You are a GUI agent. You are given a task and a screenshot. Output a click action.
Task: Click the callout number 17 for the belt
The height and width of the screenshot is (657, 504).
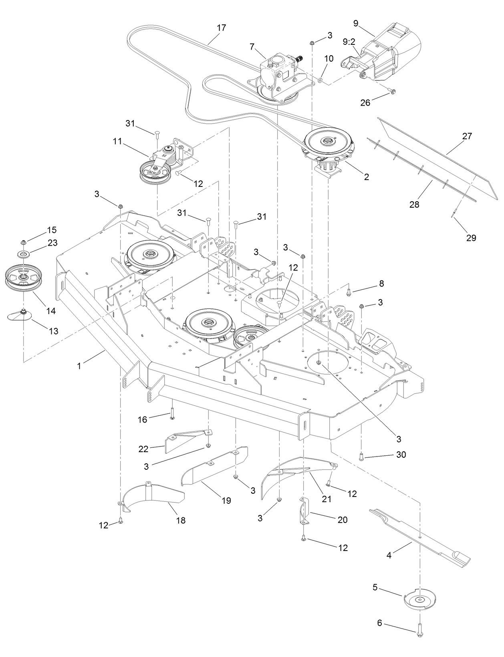[221, 28]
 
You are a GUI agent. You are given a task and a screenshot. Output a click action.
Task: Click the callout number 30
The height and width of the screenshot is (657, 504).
[401, 455]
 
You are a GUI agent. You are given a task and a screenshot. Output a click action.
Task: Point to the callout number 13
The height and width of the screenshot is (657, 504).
[53, 331]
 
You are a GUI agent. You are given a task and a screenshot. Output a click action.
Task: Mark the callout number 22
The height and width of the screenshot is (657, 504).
[143, 449]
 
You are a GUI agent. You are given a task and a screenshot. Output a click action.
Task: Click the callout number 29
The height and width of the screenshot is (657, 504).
[471, 238]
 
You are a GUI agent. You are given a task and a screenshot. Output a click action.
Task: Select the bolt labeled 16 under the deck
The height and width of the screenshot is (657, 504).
[172, 412]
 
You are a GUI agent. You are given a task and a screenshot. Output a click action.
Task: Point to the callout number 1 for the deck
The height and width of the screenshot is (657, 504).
[79, 366]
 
